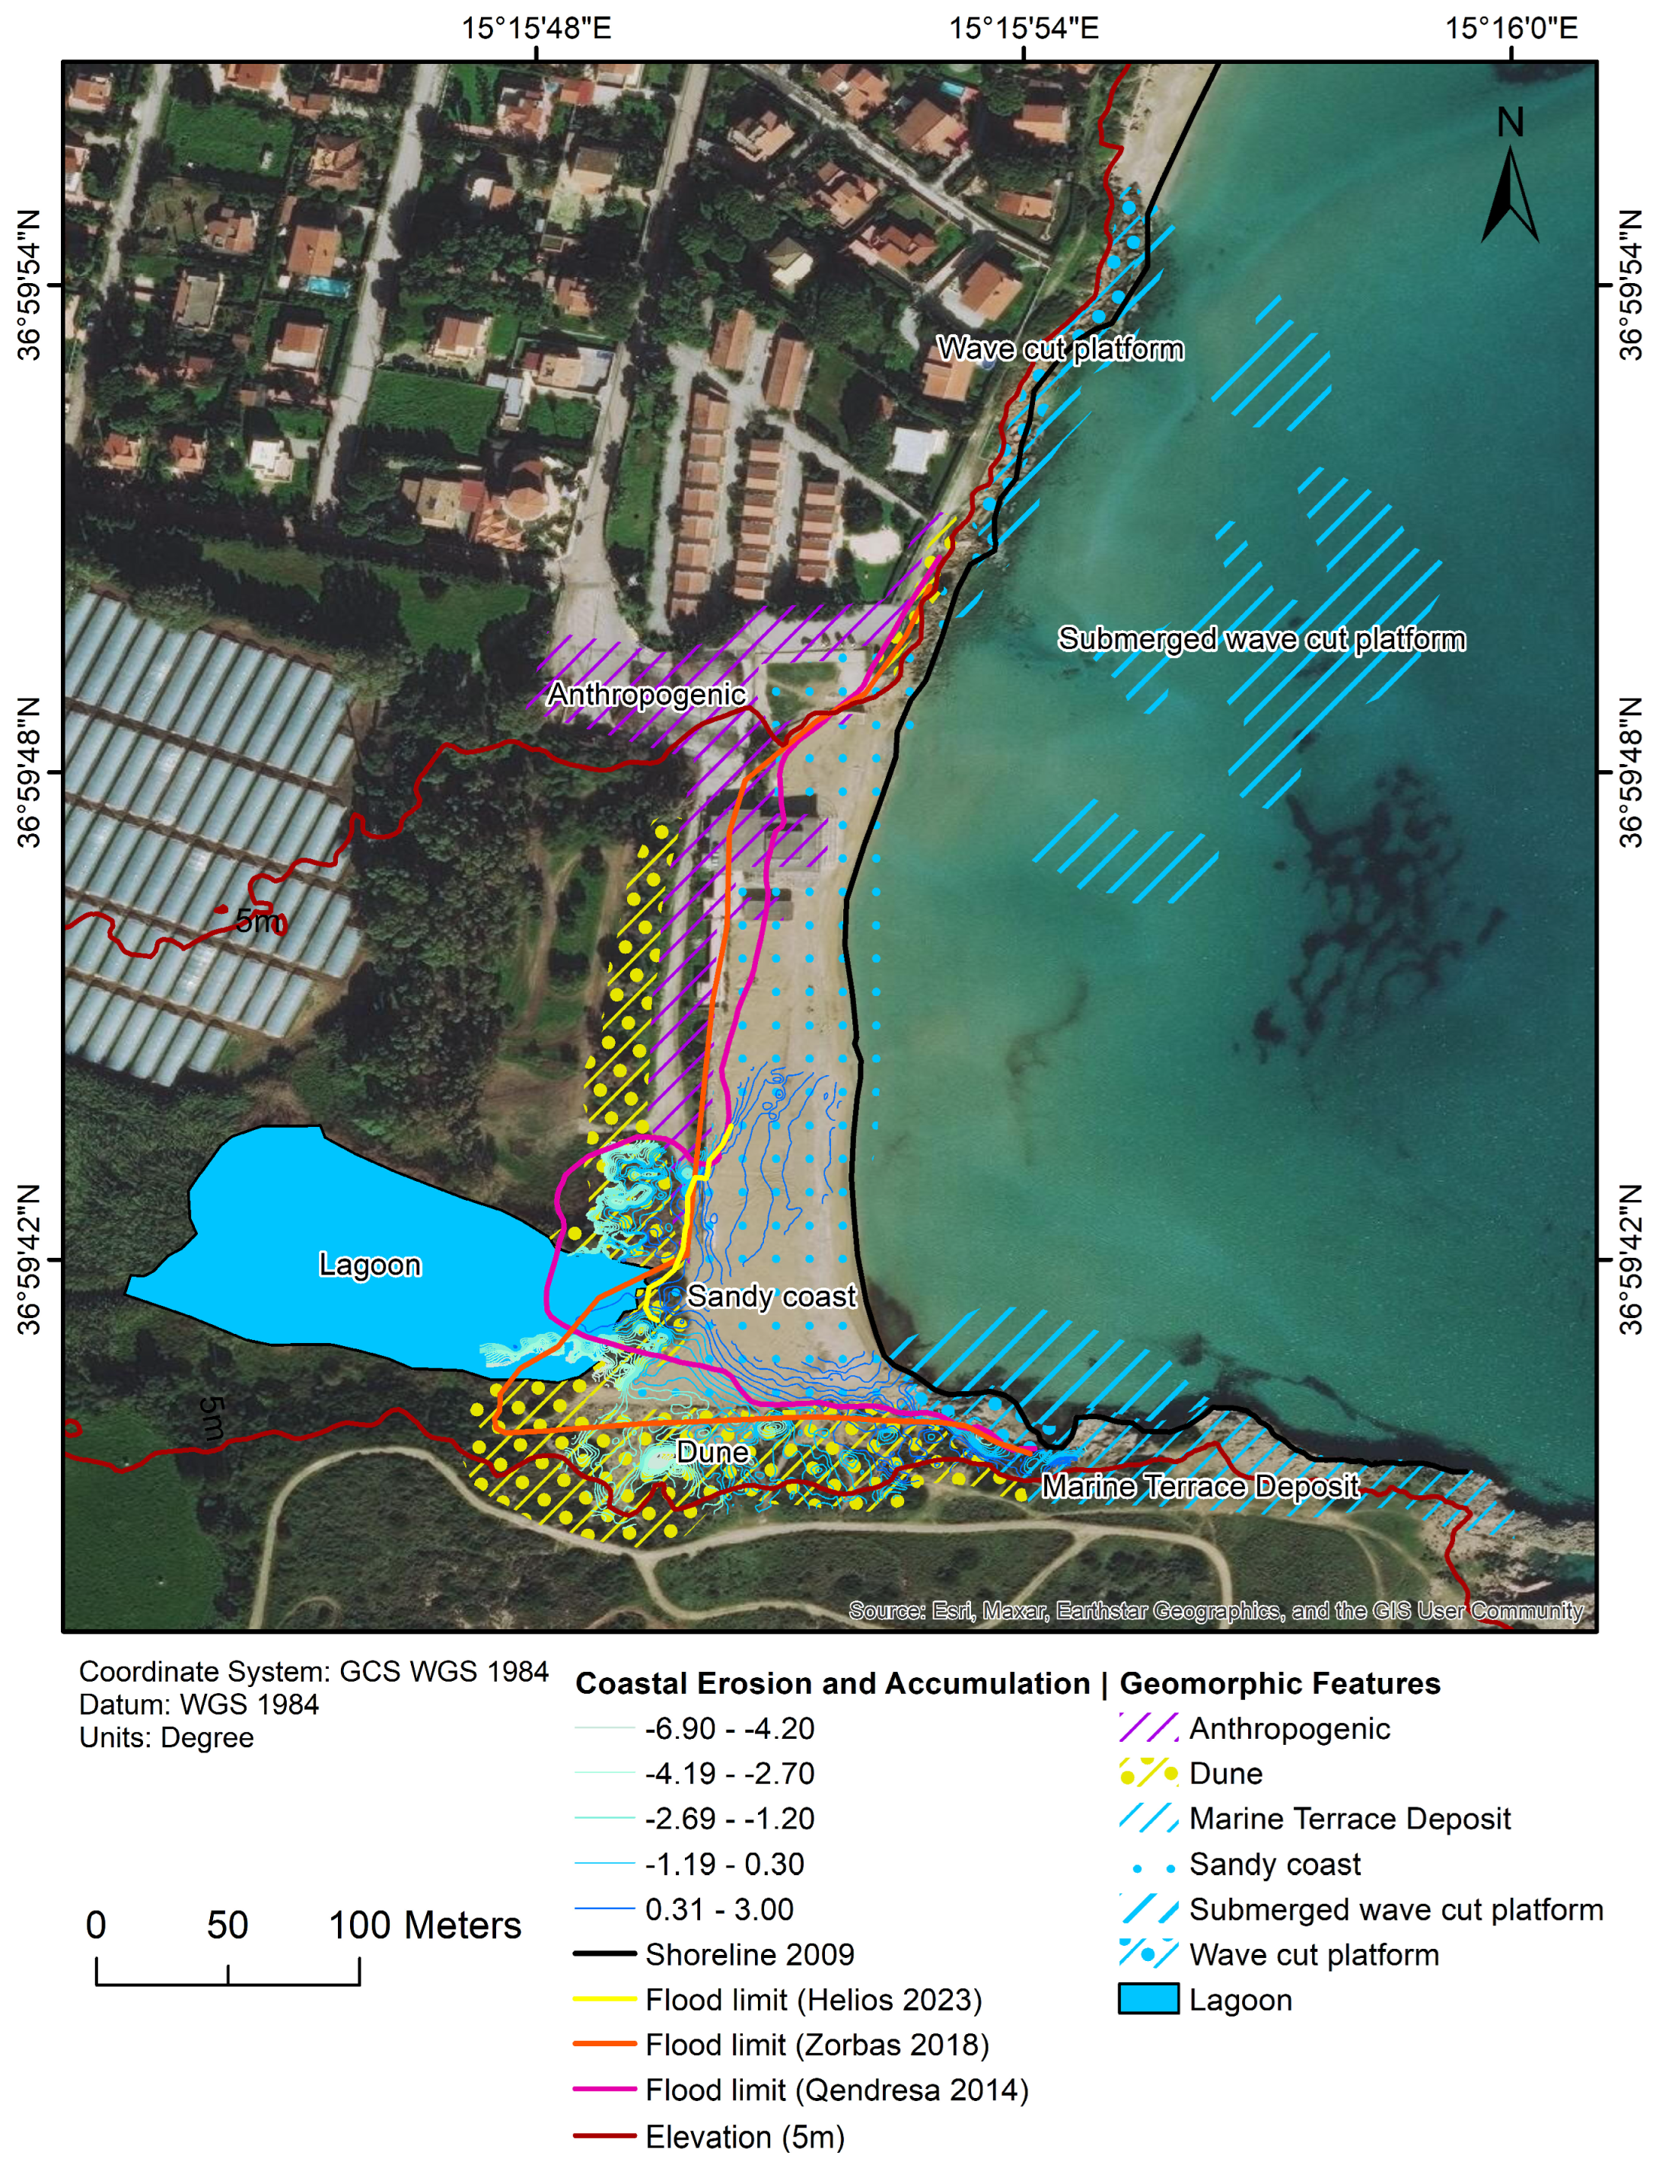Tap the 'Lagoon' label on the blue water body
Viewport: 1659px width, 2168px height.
(369, 1265)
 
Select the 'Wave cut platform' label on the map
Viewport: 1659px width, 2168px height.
(1059, 349)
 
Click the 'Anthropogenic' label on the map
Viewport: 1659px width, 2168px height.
(647, 694)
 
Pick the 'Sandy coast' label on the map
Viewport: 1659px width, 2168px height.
(771, 1296)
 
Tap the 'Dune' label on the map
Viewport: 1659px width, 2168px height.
(712, 1452)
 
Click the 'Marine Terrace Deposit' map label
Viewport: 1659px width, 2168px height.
(1200, 1486)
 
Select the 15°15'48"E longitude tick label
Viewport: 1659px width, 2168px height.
(537, 27)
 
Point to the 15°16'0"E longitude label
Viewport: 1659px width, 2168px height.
(1511, 27)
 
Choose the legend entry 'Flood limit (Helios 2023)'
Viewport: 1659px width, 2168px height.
(813, 1999)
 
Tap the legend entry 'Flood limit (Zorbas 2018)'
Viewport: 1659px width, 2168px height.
(817, 2045)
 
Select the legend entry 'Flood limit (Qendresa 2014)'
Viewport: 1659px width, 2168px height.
(836, 2090)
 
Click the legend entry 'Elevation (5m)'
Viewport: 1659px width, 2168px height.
(744, 2136)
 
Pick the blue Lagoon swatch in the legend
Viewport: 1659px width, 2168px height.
(1148, 1999)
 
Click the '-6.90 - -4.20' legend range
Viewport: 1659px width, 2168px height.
(729, 1729)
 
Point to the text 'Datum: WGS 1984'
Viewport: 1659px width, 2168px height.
(199, 1705)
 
